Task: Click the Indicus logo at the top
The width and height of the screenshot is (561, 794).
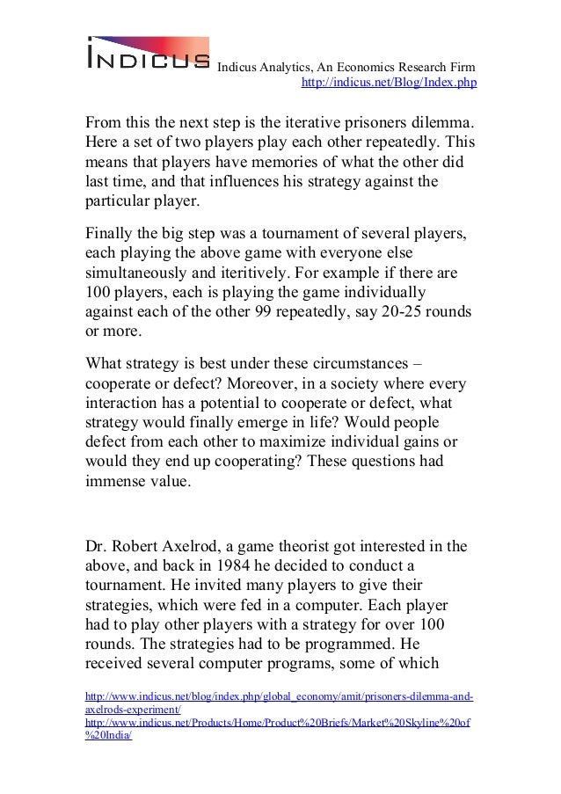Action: click(147, 52)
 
